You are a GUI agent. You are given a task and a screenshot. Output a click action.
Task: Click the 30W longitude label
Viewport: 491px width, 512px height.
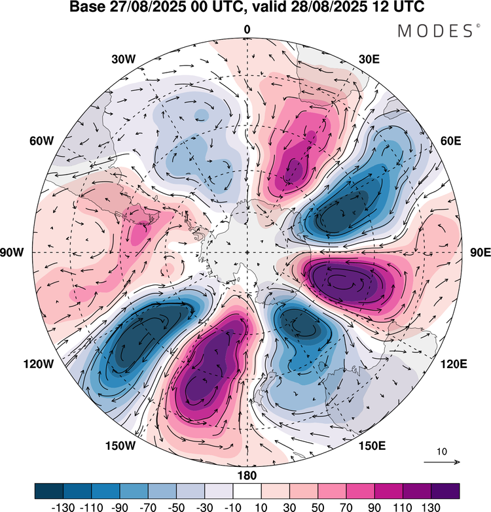point(123,60)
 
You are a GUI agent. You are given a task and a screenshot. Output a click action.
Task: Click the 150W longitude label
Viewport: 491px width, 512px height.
point(120,446)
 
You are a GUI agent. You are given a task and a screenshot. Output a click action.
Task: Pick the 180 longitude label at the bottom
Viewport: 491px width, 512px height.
point(247,475)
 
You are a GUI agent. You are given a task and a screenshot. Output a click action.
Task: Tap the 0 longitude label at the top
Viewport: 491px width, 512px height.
point(247,29)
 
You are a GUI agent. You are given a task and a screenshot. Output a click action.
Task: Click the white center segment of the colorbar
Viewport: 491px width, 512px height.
point(247,491)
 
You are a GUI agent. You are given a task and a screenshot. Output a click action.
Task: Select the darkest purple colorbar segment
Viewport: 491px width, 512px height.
point(445,491)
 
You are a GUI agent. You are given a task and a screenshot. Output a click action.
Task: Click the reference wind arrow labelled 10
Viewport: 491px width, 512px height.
point(441,462)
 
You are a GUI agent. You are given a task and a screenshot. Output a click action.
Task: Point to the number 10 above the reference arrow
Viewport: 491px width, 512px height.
point(441,452)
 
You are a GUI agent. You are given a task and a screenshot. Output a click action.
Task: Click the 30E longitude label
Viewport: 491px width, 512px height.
point(370,60)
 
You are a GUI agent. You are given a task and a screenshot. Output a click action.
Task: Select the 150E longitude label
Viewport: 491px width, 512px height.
point(373,446)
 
